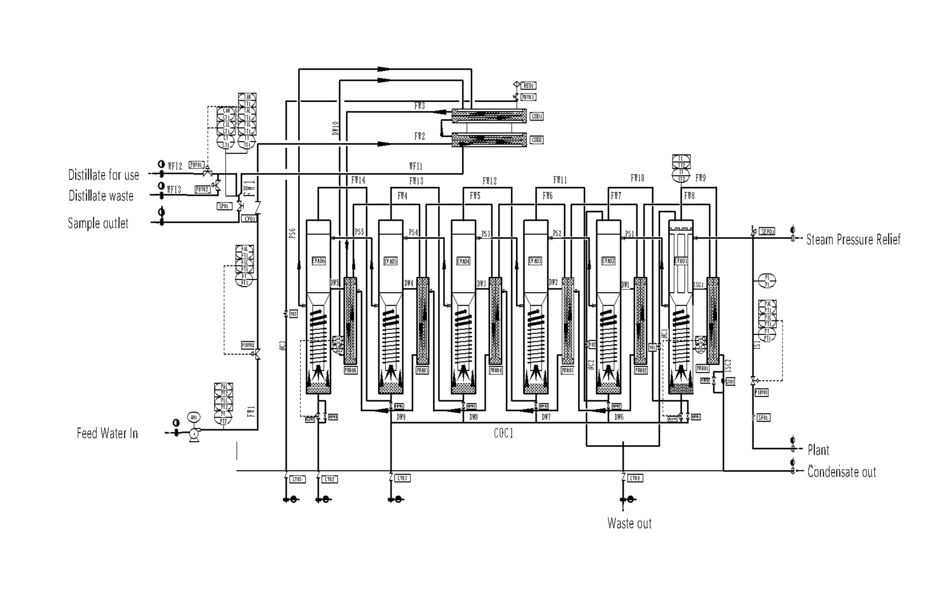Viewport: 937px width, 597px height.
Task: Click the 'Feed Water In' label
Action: pos(107,433)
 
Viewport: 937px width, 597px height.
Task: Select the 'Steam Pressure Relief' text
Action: pos(853,239)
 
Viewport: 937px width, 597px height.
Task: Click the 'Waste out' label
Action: pos(629,523)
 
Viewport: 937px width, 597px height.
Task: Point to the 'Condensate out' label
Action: pos(841,472)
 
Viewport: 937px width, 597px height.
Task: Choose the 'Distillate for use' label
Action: pos(104,175)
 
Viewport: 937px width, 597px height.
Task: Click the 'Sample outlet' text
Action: pos(98,223)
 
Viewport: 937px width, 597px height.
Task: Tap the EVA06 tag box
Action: pos(318,261)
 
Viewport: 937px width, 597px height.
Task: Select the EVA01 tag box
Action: pos(680,261)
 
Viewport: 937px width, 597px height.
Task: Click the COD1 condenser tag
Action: pos(537,116)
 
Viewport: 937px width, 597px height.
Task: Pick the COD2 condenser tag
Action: pos(537,140)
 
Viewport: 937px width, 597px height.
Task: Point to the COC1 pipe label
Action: pos(504,433)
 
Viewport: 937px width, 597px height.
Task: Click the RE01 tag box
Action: pos(529,86)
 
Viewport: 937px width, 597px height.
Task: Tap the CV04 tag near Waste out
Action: pos(635,478)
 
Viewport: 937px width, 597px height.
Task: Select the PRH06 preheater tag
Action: pos(351,370)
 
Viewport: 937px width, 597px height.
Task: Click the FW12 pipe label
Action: pos(489,181)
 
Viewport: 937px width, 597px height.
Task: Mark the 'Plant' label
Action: pos(818,450)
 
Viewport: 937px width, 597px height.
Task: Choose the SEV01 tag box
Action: pos(767,232)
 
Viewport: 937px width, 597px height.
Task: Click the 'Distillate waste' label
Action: pos(101,196)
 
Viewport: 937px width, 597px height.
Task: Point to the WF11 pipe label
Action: pos(415,166)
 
